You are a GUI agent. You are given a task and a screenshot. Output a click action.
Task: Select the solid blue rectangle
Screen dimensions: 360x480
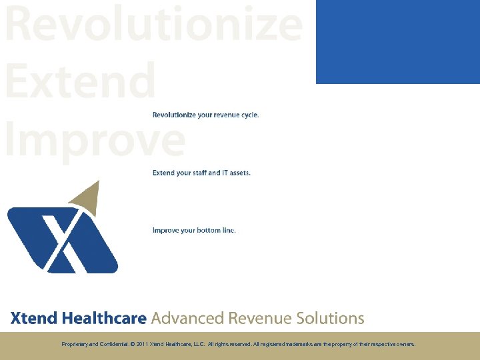397,41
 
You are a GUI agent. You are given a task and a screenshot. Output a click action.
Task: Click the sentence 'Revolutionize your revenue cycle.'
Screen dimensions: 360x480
205,115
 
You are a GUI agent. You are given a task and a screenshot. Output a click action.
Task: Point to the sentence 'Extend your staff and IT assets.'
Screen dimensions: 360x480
201,173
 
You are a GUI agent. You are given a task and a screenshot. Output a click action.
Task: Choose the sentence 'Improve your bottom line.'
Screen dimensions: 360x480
194,231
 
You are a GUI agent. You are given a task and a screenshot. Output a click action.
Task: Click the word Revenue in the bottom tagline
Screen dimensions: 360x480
259,318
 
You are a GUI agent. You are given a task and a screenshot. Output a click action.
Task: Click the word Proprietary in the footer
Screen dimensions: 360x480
73,345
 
